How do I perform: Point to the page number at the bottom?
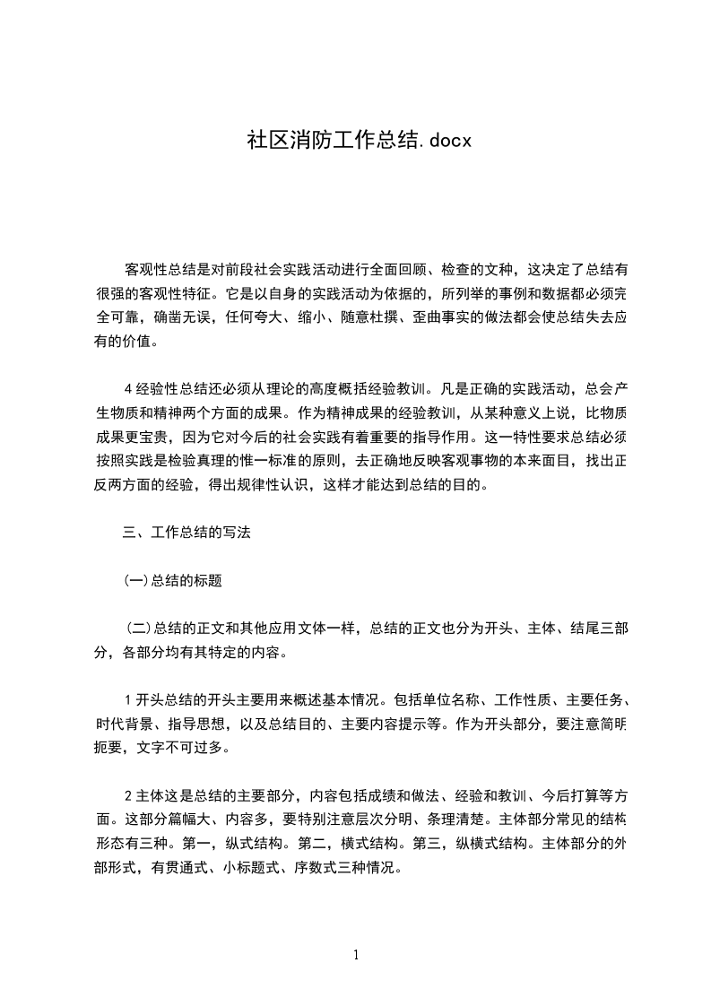(x=356, y=956)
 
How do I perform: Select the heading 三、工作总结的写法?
(x=186, y=533)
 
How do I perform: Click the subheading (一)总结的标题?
(x=172, y=580)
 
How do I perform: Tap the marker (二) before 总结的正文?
(x=139, y=629)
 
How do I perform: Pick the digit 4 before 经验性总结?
(x=128, y=389)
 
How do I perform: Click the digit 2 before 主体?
(x=128, y=796)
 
